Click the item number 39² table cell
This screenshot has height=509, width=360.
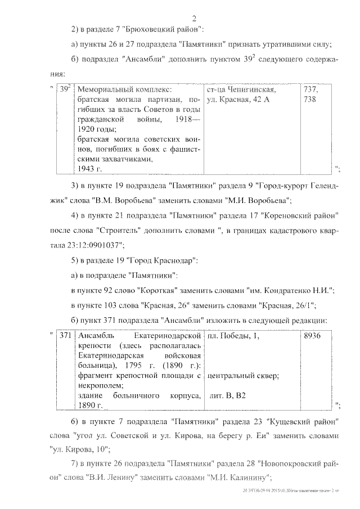pyautogui.click(x=65, y=89)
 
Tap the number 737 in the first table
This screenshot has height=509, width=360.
pyautogui.click(x=310, y=89)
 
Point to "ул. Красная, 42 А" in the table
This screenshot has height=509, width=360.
pyautogui.click(x=238, y=99)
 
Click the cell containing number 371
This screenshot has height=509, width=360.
pyautogui.click(x=65, y=335)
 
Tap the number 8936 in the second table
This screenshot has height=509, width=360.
pyautogui.click(x=312, y=335)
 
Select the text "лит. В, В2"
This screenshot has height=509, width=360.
pyautogui.click(x=228, y=397)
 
